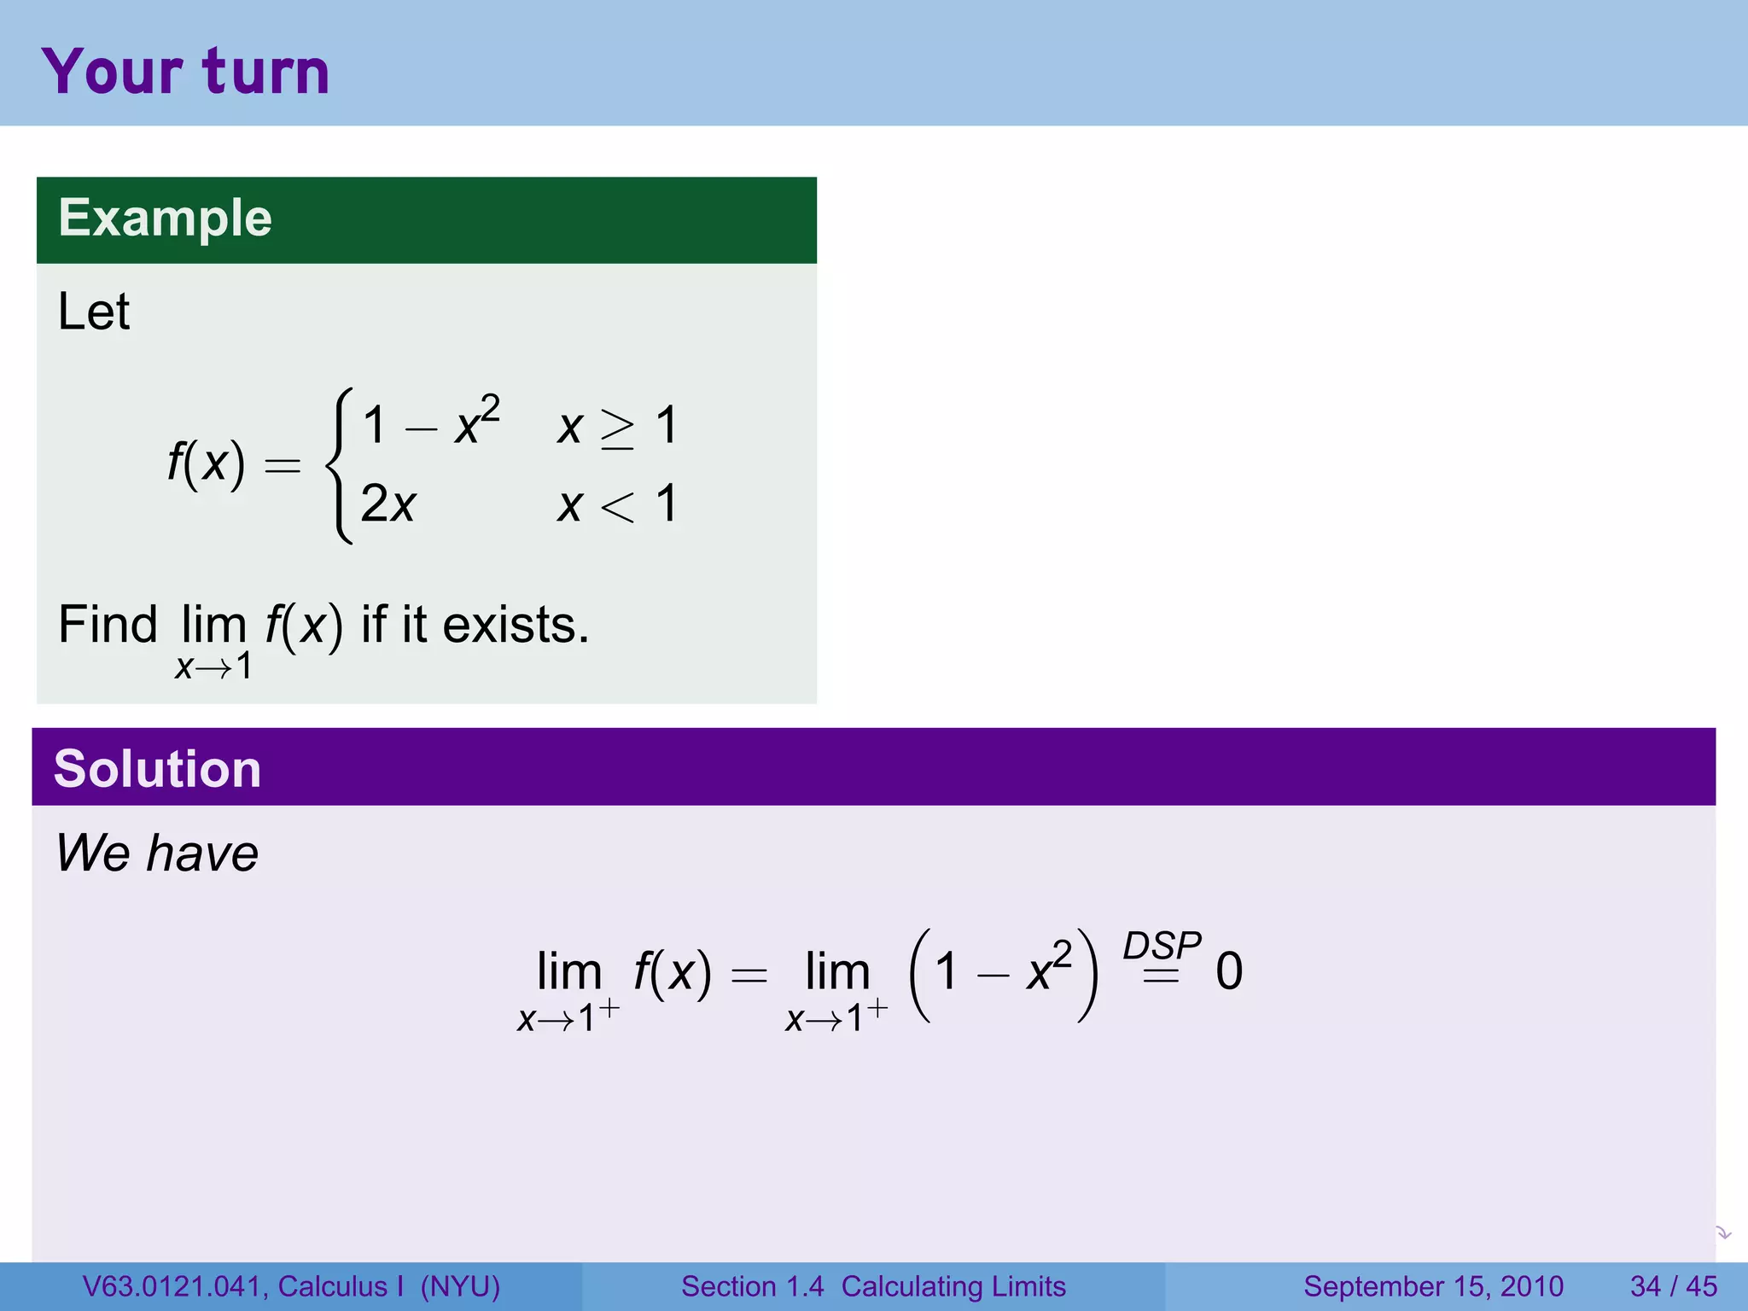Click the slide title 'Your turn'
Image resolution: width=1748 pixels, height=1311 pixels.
coord(185,72)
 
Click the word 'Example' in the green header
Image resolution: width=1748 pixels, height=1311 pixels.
coord(165,218)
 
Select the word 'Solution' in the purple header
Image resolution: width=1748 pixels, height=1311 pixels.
coord(157,768)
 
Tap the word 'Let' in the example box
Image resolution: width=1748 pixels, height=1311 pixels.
coord(94,312)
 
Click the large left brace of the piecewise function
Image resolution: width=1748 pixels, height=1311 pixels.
coord(340,465)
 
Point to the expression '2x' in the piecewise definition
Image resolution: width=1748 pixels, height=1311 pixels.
coord(388,504)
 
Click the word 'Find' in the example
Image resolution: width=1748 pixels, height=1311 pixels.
coord(108,625)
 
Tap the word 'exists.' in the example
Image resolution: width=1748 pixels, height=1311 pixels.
coord(516,625)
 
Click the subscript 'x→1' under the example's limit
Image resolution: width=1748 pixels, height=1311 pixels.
coord(213,667)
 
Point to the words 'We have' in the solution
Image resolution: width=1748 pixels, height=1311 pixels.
coord(157,853)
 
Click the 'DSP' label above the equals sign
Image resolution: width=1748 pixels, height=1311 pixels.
coord(1162,946)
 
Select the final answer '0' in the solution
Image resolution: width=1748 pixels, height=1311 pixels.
coord(1229,971)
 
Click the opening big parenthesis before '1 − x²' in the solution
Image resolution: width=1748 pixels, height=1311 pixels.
coord(920,975)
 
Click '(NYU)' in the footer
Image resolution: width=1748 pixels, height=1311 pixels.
coord(460,1286)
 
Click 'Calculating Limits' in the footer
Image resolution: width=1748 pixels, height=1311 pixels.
coord(953,1286)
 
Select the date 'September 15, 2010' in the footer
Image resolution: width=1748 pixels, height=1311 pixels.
coord(1433,1286)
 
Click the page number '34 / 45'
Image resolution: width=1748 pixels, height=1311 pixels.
coord(1673,1286)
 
